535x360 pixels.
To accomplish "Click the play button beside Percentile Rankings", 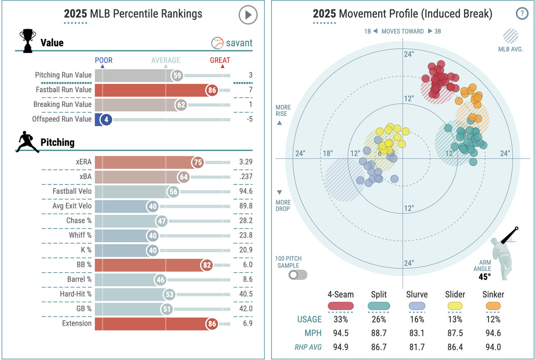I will (x=248, y=15).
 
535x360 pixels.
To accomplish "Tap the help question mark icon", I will (x=522, y=13).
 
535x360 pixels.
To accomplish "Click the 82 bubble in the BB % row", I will (x=208, y=265).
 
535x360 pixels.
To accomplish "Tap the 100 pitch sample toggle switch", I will (x=298, y=274).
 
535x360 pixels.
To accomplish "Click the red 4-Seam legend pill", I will (x=341, y=306).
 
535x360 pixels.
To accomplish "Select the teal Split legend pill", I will (x=379, y=306).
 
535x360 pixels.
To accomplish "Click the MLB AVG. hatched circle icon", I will (x=510, y=36).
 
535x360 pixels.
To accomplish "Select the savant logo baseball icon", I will (x=217, y=43).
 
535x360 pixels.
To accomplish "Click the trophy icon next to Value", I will (x=28, y=41).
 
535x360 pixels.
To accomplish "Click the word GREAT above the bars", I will (x=220, y=61).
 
